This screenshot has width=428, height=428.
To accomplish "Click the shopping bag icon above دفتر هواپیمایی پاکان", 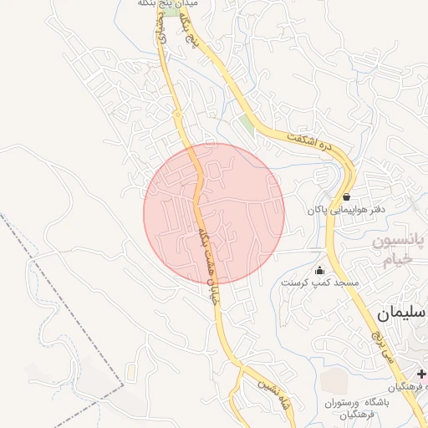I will tap(346, 197).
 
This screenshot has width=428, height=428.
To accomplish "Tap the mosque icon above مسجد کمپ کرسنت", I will tap(319, 271).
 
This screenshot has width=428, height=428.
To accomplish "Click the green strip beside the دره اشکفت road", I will tap(247, 127).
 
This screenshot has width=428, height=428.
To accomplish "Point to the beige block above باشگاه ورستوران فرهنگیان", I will tap(334, 381).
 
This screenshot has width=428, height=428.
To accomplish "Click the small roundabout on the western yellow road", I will tap(178, 115).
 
